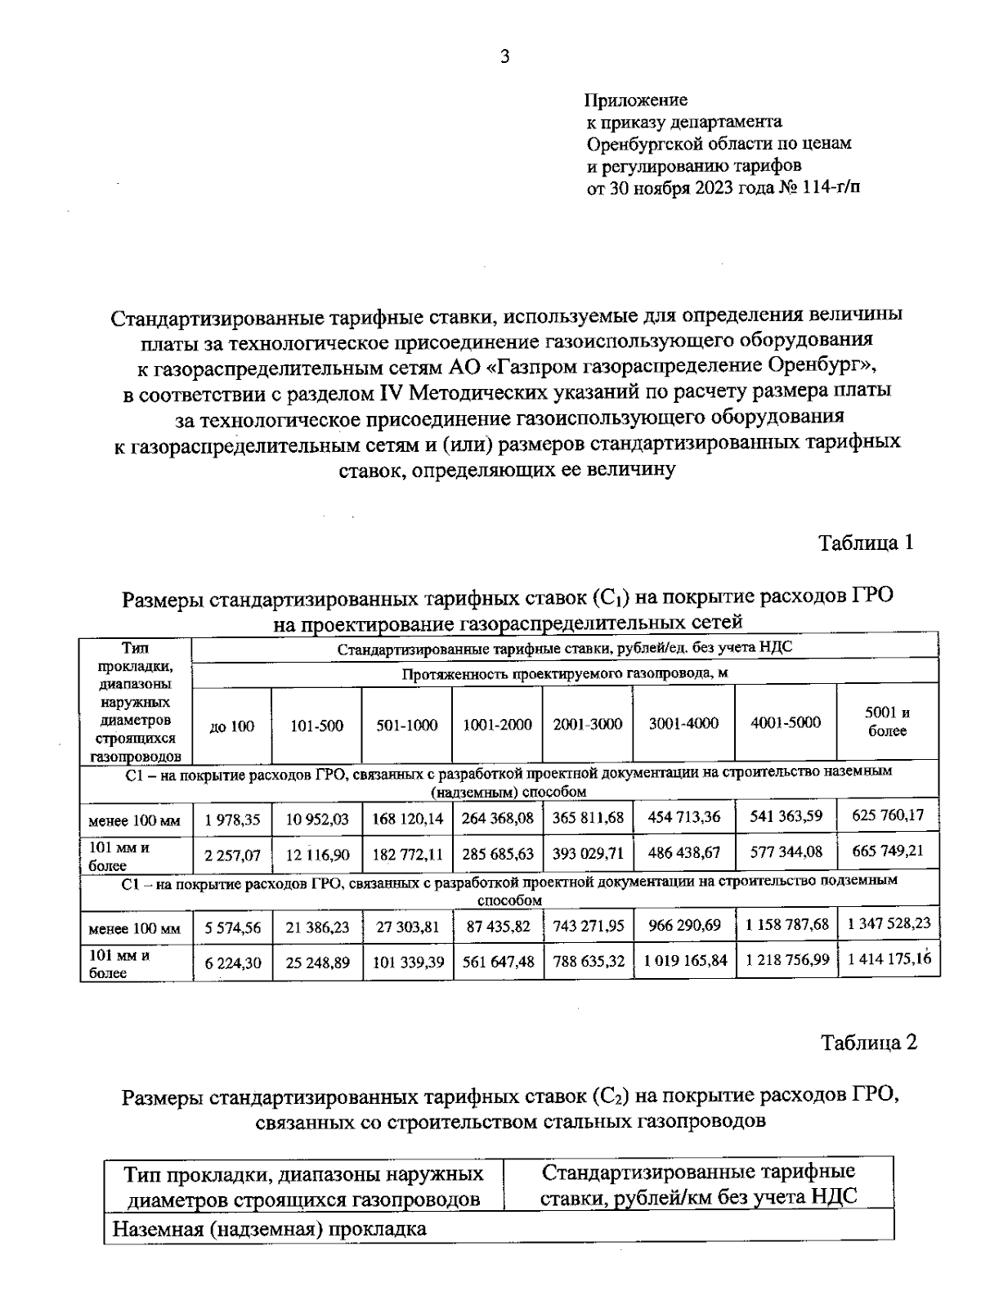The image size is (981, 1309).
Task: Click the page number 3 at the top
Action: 504,56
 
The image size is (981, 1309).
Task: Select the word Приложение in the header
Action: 636,101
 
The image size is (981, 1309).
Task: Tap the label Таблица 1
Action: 866,543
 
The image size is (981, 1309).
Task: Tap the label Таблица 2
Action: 869,1043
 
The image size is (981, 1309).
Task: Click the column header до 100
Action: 232,726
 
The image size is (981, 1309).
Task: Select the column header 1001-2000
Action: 497,725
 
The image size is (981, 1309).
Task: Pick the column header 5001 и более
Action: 887,722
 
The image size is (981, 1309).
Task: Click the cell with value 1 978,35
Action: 232,820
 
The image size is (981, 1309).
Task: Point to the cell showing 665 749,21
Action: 887,851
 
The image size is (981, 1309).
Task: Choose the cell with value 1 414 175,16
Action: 889,959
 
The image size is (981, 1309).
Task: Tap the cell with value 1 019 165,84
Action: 684,961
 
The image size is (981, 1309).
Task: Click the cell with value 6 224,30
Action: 232,963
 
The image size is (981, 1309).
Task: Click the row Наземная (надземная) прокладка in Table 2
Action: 269,1229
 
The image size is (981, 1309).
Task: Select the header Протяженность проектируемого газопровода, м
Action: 564,674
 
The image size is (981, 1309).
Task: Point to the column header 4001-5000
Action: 785,722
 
